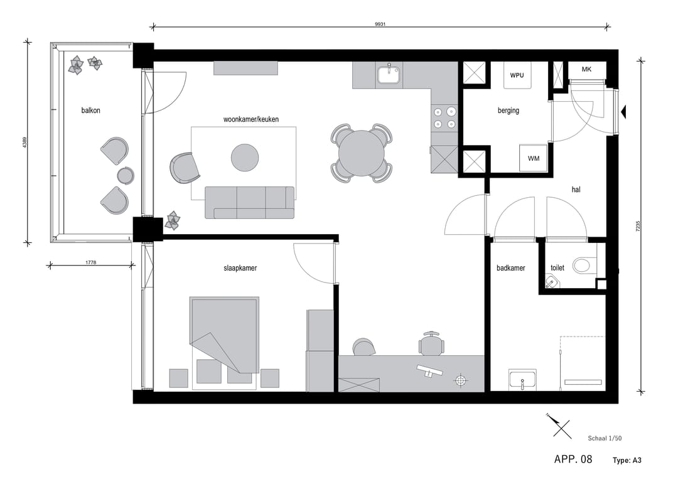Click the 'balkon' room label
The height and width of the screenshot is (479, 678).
[x=90, y=110]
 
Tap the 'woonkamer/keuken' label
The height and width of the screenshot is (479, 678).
[x=251, y=119]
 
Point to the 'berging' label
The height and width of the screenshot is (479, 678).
[x=508, y=111]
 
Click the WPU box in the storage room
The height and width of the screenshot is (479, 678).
[x=517, y=75]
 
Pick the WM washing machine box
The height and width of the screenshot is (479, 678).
[x=534, y=158]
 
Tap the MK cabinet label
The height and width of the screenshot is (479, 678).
[x=586, y=69]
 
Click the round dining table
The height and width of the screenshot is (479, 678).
[x=362, y=153]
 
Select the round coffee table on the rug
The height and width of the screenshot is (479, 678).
[x=245, y=157]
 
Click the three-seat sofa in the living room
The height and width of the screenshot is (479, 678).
[x=250, y=202]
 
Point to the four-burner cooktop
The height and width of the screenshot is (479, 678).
[x=444, y=118]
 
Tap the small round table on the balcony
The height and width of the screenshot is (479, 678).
[x=126, y=175]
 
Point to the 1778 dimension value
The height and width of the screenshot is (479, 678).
[x=90, y=262]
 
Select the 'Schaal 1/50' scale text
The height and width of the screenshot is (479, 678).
[x=604, y=439]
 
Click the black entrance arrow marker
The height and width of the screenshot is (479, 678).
[x=623, y=112]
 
